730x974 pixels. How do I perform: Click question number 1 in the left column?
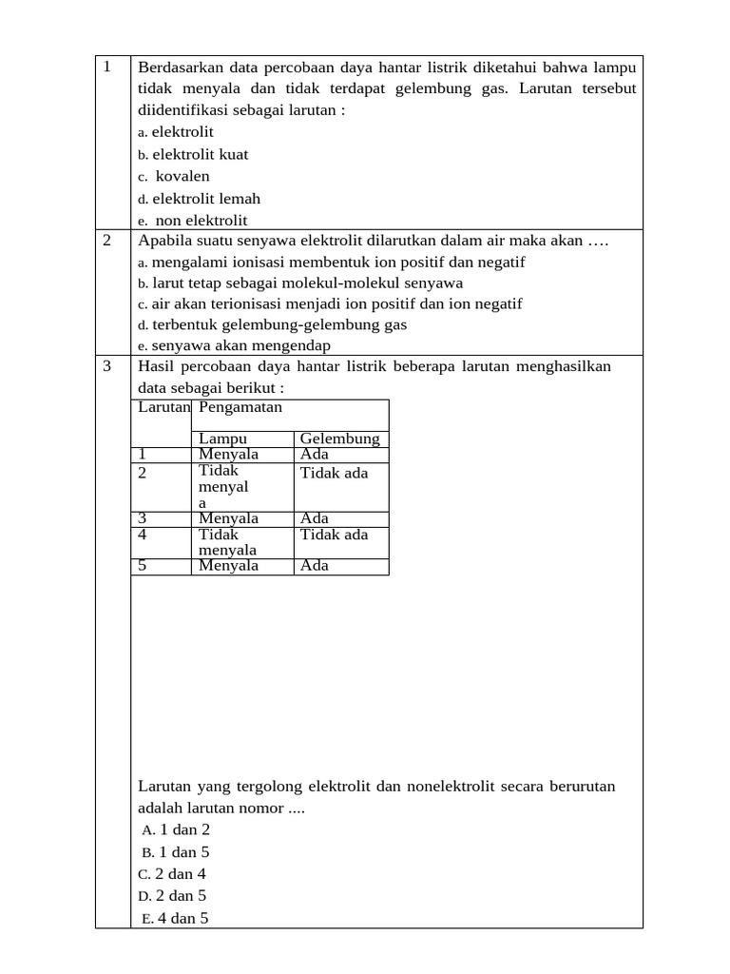point(107,67)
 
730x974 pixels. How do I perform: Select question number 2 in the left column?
point(107,241)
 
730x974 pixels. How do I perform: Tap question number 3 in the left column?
point(107,367)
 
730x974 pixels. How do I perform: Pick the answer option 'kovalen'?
point(182,176)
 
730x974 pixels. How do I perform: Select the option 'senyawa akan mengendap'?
point(240,345)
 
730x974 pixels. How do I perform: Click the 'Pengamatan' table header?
point(240,407)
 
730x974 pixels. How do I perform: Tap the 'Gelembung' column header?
point(339,438)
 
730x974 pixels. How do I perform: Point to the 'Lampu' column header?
point(222,438)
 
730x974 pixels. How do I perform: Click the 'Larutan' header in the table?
point(163,407)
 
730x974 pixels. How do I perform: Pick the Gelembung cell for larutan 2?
point(334,473)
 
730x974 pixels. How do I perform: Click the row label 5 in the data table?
point(143,566)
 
